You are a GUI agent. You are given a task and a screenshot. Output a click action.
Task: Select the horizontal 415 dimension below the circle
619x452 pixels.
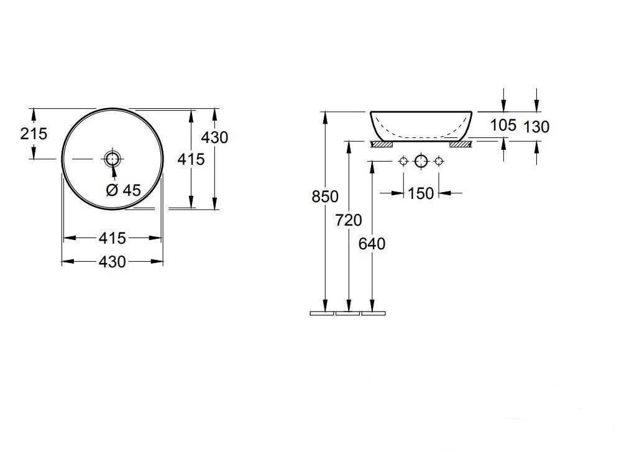click(x=112, y=238)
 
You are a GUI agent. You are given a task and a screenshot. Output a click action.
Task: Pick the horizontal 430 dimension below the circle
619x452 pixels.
click(x=112, y=262)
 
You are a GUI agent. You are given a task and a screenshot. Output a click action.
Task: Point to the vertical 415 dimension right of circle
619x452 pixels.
click(x=191, y=159)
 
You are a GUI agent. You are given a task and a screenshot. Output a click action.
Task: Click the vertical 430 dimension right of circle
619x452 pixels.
click(x=214, y=137)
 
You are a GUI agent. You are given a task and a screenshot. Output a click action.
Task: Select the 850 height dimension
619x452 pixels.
click(x=325, y=196)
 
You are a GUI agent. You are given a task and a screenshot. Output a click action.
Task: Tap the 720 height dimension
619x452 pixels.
click(x=349, y=219)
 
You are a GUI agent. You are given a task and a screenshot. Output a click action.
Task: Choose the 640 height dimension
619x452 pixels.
click(x=372, y=244)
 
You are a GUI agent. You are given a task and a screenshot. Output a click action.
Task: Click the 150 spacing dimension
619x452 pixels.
click(x=421, y=193)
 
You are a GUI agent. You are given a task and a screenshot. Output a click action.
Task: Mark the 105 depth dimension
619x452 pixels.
click(x=503, y=125)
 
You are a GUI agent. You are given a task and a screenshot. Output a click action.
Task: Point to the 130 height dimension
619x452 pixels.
click(x=536, y=127)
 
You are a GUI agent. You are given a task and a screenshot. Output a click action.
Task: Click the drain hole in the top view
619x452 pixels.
click(x=112, y=159)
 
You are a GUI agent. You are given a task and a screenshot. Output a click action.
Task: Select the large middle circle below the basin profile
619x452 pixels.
click(x=421, y=162)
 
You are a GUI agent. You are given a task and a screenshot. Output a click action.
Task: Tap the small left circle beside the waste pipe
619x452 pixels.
click(x=403, y=162)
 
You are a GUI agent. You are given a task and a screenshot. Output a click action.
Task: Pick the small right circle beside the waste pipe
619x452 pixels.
click(x=439, y=162)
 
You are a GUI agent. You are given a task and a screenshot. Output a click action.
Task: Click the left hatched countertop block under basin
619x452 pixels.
click(x=381, y=144)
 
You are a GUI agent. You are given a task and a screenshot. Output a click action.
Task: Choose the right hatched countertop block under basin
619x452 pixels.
click(x=462, y=144)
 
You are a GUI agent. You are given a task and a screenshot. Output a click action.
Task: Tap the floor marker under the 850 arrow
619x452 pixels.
click(x=322, y=313)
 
